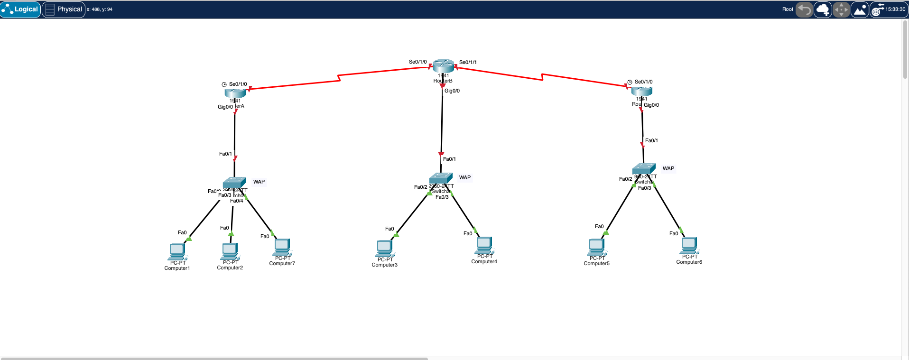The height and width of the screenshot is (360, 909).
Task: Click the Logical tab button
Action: [x=20, y=9]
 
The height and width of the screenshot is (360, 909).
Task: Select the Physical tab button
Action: [x=64, y=9]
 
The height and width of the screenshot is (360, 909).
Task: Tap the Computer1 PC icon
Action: [x=177, y=251]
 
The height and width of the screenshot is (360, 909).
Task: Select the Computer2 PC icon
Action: [x=230, y=251]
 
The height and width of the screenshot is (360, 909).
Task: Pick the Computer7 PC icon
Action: [x=282, y=247]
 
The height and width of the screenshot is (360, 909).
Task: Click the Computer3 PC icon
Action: [x=384, y=248]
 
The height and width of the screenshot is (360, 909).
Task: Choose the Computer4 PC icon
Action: [x=484, y=245]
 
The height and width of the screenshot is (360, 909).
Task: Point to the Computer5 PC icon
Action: [x=596, y=247]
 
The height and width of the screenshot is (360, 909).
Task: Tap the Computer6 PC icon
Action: [x=689, y=245]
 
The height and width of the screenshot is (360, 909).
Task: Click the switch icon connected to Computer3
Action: [x=441, y=178]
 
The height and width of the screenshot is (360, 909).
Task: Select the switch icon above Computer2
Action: [x=234, y=183]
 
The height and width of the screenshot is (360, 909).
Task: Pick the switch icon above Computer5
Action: [x=644, y=168]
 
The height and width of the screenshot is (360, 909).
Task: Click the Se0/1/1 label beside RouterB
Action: [x=468, y=62]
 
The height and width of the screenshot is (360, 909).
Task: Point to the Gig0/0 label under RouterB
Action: [x=452, y=91]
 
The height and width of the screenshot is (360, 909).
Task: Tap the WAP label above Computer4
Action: [x=465, y=177]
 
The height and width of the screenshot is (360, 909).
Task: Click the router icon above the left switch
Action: [x=235, y=92]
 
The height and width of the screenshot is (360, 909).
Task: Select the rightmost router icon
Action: [x=641, y=91]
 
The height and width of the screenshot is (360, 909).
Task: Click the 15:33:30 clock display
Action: [x=895, y=9]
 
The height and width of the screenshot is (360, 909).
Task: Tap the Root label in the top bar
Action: [x=788, y=9]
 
